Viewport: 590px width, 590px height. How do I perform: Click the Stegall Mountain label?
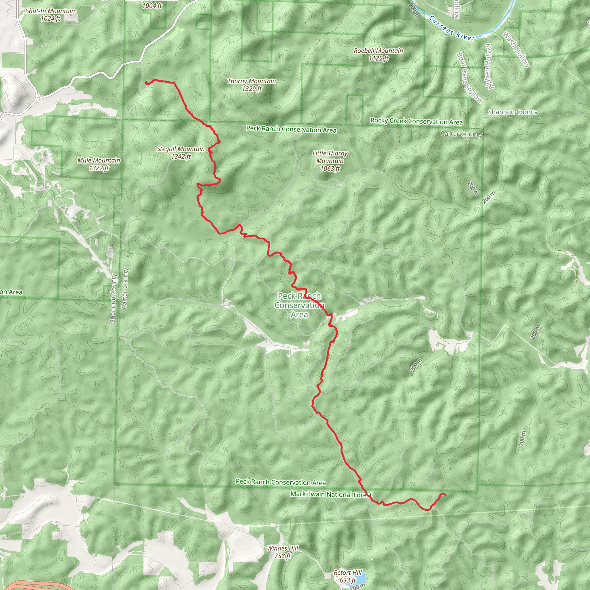[181, 153]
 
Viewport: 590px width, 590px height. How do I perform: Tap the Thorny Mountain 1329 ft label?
[251, 85]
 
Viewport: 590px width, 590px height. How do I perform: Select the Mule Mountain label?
[99, 164]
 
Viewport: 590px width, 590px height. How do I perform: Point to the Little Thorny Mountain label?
[330, 161]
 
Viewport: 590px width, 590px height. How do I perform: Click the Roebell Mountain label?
[378, 54]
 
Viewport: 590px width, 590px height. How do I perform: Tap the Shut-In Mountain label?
[50, 15]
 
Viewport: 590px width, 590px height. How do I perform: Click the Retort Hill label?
[347, 576]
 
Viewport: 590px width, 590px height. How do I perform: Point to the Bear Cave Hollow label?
[469, 77]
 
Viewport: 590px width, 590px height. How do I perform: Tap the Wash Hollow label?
[516, 49]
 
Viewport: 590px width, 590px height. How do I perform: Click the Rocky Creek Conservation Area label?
[417, 121]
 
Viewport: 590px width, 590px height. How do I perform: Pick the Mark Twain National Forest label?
[331, 494]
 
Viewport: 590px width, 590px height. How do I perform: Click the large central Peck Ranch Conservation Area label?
[299, 305]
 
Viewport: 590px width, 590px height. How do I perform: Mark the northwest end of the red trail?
[146, 83]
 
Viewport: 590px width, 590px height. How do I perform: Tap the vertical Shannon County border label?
[113, 298]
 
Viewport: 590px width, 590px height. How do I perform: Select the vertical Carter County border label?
[124, 288]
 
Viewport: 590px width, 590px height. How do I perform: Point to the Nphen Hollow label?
[489, 67]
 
